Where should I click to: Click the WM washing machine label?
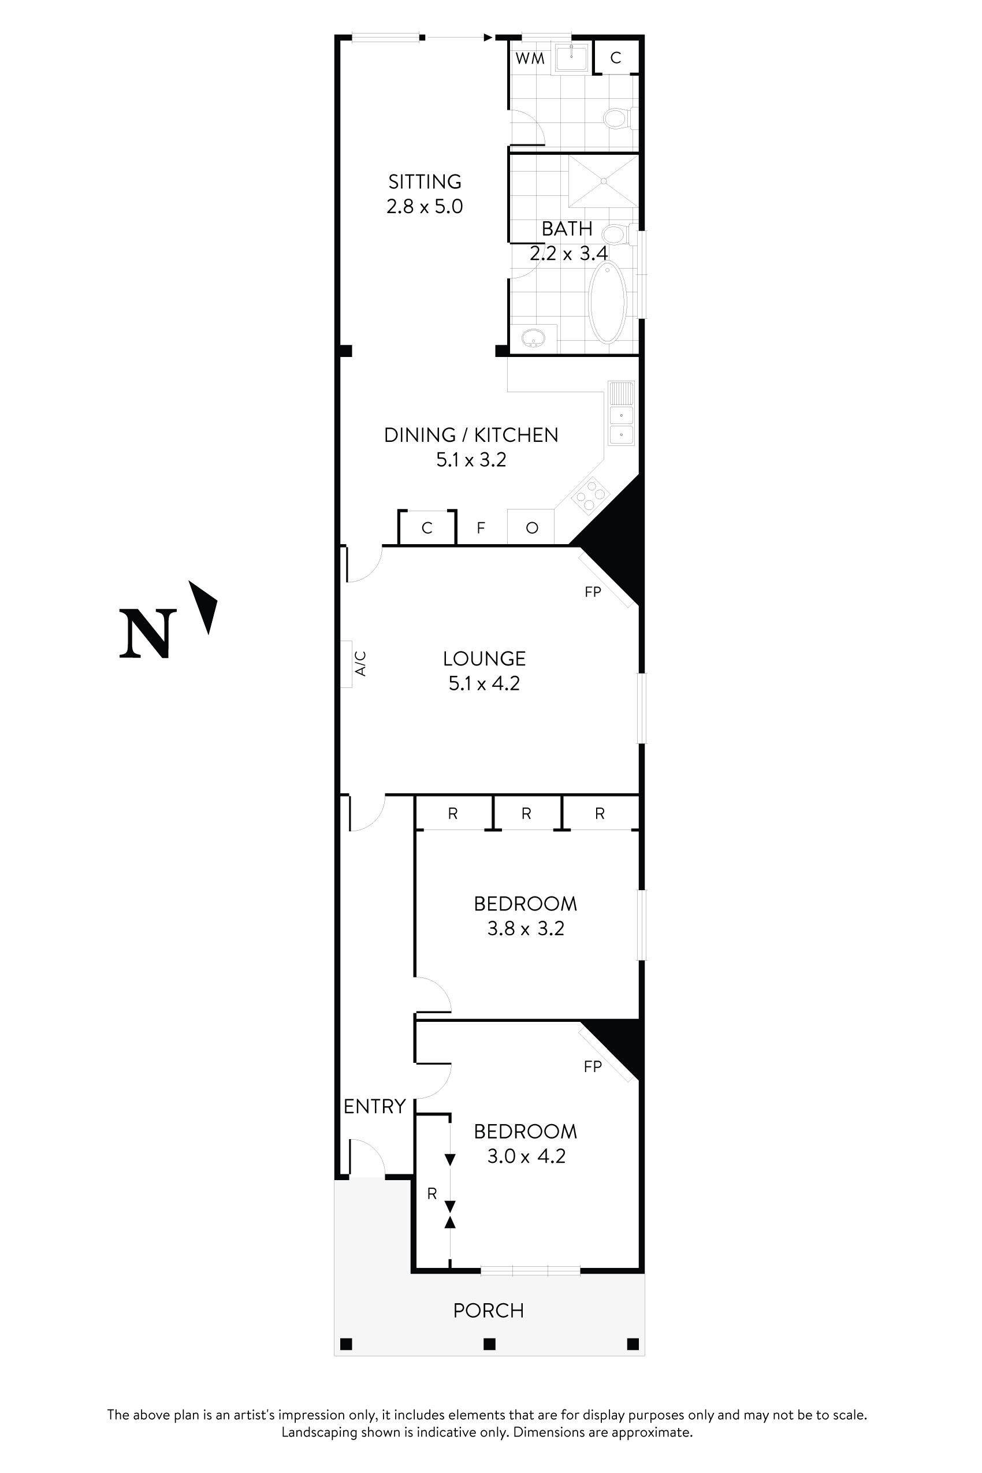(x=530, y=59)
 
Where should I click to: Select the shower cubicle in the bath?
(x=603, y=181)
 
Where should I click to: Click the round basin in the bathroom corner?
(x=534, y=339)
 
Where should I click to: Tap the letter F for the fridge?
(x=481, y=528)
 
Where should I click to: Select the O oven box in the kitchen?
(x=531, y=528)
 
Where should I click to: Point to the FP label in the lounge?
(x=593, y=592)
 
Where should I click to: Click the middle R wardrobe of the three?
(x=526, y=813)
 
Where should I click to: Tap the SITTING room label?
(x=425, y=181)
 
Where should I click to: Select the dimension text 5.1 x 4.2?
(x=484, y=683)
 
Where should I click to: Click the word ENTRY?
(x=374, y=1107)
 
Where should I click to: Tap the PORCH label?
(x=489, y=1311)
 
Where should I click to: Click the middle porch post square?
(x=490, y=1344)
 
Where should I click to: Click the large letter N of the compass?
(x=148, y=634)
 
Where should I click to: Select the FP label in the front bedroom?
(x=593, y=1066)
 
